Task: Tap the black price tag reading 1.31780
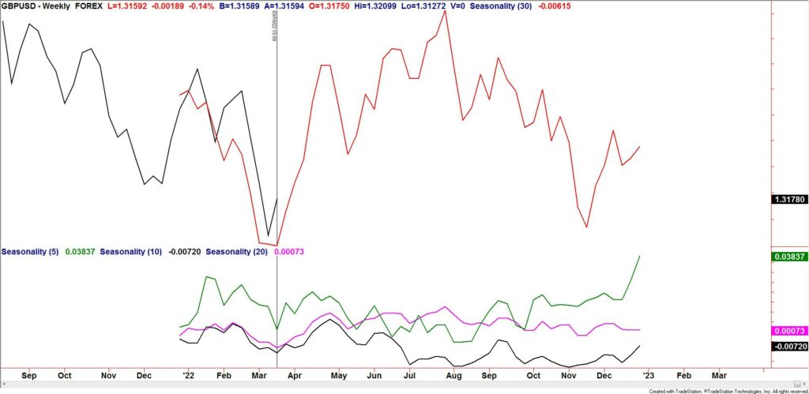[x=790, y=200]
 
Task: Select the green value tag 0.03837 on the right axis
[x=790, y=256]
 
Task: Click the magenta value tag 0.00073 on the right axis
[x=790, y=330]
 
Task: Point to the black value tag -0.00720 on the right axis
[x=790, y=346]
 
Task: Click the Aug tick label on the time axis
[x=450, y=376]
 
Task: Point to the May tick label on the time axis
[x=338, y=376]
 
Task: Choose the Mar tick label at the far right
[x=721, y=376]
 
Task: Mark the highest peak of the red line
[x=446, y=11]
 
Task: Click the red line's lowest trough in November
[x=586, y=227]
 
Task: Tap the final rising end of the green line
[x=638, y=257]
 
